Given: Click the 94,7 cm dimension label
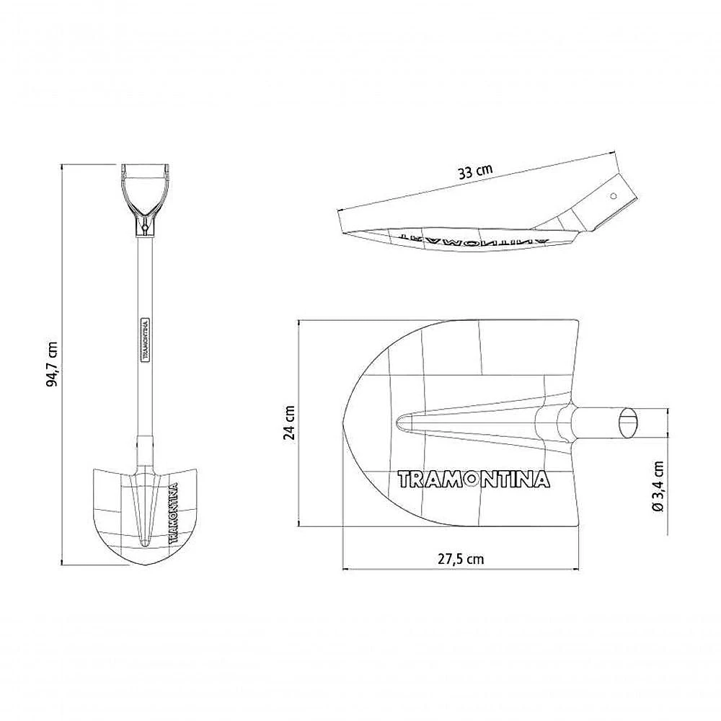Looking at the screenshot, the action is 53,364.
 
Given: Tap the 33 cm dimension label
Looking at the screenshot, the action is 475,172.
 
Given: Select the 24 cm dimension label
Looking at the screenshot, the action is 290,423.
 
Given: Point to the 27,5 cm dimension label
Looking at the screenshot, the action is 461,559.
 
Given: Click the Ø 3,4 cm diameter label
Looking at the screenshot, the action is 658,487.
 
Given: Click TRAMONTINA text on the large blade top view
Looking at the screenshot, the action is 474,479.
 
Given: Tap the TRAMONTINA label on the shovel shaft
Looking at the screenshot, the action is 144,339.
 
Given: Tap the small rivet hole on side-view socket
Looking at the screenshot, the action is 613,196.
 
